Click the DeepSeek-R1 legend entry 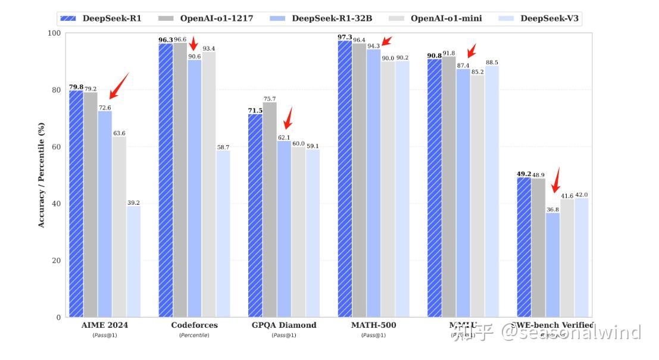[x=101, y=18]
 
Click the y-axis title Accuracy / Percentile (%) [x=41, y=174]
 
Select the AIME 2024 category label [x=104, y=325]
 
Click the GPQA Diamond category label [x=284, y=325]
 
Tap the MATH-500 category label [x=373, y=325]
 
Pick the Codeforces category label [x=194, y=325]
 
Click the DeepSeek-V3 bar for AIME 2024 [x=133, y=261]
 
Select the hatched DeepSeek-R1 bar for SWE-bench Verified [x=524, y=247]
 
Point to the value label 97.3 [x=345, y=37]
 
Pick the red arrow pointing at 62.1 [x=288, y=118]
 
